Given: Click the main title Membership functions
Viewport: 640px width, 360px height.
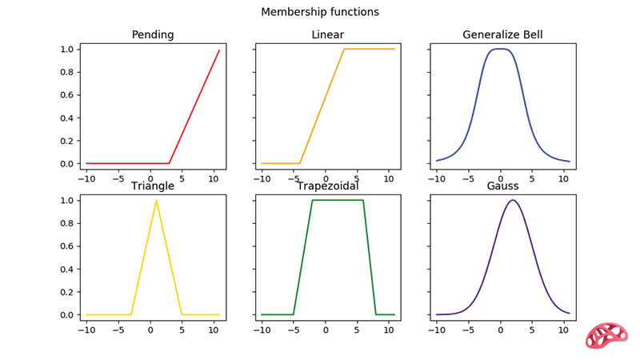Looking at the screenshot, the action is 320,12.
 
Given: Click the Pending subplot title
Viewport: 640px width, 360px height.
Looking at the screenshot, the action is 153,35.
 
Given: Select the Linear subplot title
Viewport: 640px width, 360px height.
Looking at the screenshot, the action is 328,34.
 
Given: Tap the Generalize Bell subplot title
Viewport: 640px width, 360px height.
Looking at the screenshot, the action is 502,34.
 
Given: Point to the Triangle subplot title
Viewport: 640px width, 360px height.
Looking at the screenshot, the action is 153,186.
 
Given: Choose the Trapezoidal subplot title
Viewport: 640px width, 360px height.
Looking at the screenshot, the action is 328,186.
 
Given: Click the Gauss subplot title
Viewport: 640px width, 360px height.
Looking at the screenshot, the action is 503,186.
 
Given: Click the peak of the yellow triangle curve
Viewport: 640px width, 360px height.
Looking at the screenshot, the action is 156,201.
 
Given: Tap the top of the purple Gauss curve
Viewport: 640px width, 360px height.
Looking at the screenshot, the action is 513,201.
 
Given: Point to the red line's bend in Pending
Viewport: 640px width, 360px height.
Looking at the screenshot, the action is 170,163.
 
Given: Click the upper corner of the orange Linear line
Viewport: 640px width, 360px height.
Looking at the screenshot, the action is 344,49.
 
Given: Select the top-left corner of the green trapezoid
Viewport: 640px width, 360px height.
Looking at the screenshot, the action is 312,201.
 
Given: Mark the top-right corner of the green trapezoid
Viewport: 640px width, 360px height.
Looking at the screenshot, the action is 363,201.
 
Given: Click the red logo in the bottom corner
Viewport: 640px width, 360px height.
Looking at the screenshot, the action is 606,335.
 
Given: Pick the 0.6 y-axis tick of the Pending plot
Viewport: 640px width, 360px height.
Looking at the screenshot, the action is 67,95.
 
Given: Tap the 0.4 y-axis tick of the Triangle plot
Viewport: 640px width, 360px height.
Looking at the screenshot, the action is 67,270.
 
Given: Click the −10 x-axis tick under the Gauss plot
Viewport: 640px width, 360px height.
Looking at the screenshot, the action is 437,330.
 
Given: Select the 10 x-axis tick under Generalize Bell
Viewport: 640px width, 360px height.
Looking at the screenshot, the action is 563,178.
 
